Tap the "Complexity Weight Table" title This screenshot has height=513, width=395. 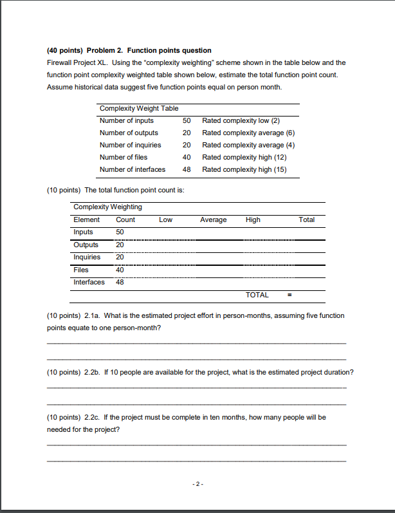click(x=139, y=108)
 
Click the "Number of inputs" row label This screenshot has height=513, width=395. click(x=127, y=120)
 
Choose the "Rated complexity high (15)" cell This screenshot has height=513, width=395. click(x=244, y=169)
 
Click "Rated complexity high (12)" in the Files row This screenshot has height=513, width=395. click(x=244, y=157)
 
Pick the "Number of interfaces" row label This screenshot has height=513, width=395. click(x=133, y=169)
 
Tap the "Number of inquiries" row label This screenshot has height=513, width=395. click(x=131, y=145)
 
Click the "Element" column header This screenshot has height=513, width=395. click(x=87, y=219)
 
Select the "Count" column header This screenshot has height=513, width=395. click(x=125, y=219)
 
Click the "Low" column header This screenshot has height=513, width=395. click(x=165, y=219)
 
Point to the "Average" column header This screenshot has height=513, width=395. click(x=213, y=219)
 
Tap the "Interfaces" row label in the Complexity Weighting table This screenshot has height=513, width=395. click(x=89, y=282)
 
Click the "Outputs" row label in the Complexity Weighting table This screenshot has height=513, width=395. click(x=86, y=245)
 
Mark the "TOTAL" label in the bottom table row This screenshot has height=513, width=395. click(x=257, y=295)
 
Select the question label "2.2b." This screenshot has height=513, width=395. click(x=92, y=372)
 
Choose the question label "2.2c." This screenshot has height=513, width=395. click(x=92, y=417)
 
